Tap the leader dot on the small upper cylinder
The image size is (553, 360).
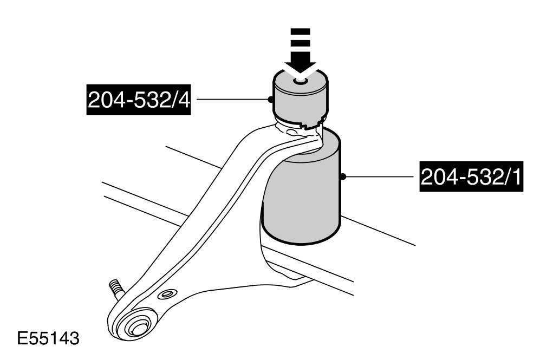coord(270,99)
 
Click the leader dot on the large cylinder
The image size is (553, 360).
coord(343,176)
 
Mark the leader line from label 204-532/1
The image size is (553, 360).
coord(379,176)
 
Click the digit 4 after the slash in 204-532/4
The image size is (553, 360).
coord(185,101)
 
